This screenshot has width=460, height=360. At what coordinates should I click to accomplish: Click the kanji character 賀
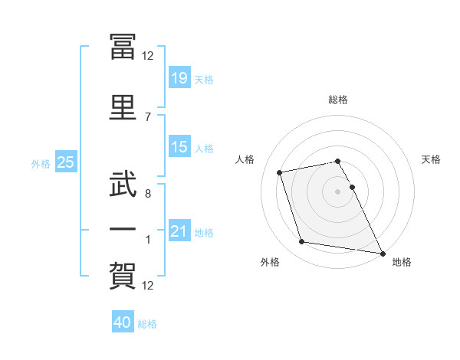[123, 277]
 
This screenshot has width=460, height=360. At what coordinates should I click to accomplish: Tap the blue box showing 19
[179, 79]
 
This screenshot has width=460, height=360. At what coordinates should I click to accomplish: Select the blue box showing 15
[179, 147]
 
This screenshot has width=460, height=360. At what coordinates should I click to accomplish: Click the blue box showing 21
[179, 231]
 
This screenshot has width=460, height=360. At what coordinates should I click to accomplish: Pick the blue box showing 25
[65, 162]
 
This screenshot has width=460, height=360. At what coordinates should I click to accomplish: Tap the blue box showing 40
[123, 322]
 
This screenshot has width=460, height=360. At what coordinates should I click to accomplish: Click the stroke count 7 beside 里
[148, 116]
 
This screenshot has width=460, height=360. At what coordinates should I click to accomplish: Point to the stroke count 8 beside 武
[148, 194]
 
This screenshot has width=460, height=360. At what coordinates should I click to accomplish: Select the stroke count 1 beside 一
[148, 240]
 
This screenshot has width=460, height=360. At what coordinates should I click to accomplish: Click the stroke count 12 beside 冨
[148, 56]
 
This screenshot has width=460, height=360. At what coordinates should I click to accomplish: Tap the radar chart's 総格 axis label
[338, 100]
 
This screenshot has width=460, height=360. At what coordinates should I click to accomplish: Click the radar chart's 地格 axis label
[402, 263]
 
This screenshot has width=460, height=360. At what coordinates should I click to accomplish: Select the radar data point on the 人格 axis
[280, 172]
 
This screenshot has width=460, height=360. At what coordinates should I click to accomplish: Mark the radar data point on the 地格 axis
[382, 252]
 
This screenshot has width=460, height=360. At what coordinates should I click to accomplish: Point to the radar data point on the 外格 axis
[302, 242]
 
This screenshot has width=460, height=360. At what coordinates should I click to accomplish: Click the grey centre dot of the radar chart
[338, 191]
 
